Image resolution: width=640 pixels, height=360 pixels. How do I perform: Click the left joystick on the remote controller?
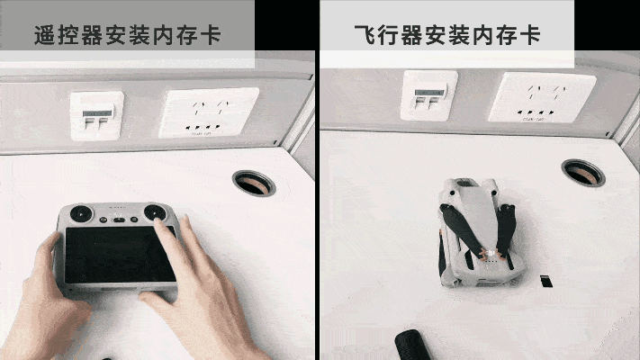click(81, 213)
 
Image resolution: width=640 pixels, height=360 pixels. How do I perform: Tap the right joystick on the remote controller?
click(155, 212)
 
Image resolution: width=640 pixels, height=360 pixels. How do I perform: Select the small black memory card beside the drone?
click(546, 281)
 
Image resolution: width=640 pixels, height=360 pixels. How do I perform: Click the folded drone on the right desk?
click(481, 233)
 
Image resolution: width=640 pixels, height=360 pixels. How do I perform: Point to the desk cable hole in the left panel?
click(254, 184)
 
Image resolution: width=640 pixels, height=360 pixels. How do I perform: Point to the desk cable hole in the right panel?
click(583, 173)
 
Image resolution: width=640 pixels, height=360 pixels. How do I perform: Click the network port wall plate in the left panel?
click(96, 116)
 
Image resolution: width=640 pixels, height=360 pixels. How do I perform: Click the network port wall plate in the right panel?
click(429, 95)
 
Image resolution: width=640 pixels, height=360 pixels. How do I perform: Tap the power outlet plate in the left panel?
click(209, 112)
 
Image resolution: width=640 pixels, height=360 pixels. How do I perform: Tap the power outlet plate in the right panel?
click(543, 97)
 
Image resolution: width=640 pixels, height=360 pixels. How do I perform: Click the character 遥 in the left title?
click(45, 35)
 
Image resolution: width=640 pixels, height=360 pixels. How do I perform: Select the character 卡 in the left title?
click(211, 35)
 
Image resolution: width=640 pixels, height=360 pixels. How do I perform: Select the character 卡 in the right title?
click(530, 35)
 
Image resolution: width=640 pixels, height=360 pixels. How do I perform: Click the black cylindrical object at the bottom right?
click(412, 345)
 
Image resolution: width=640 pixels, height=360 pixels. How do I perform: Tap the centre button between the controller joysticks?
click(119, 220)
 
